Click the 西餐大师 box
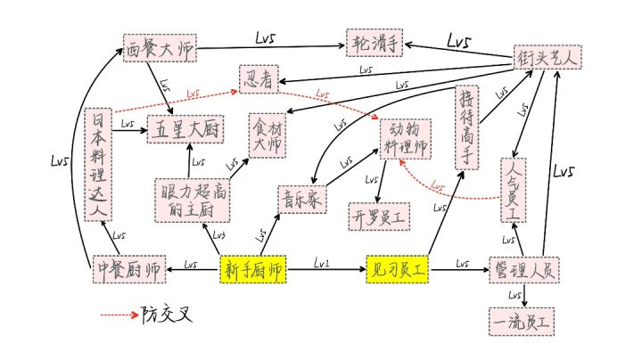point(160,49)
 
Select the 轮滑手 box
point(376,41)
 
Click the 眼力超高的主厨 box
point(189,200)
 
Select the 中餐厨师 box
point(128,268)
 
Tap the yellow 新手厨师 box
point(253,268)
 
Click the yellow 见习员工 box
point(398,267)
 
